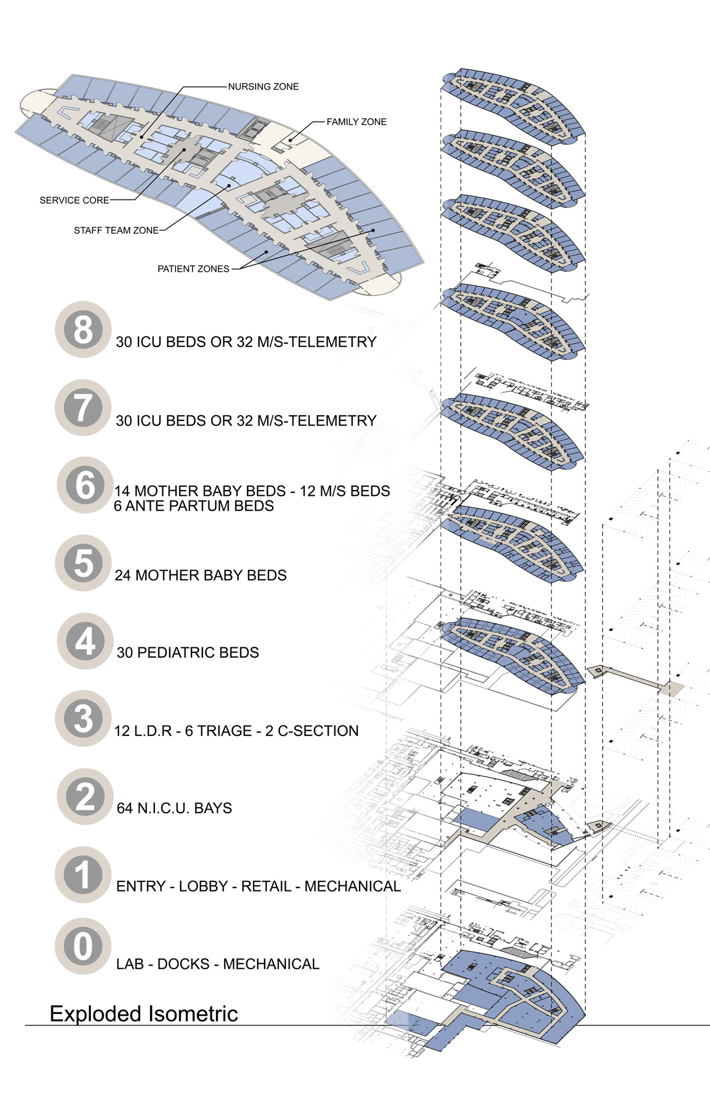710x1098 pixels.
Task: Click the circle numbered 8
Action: click(x=83, y=330)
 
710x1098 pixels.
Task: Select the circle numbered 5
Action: click(x=83, y=563)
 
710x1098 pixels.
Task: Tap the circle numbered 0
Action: click(x=83, y=946)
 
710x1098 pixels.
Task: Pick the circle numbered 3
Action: click(x=83, y=719)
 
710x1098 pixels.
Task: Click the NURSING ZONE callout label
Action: click(x=263, y=87)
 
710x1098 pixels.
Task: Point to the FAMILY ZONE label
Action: click(x=356, y=122)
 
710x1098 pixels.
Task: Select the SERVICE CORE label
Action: click(x=74, y=201)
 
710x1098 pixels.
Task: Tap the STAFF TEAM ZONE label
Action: click(x=116, y=230)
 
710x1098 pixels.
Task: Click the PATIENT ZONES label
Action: click(x=193, y=269)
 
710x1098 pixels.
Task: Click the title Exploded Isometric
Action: click(x=143, y=1014)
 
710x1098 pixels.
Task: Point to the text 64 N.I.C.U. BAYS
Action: click(x=174, y=808)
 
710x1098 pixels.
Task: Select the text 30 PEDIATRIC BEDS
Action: click(x=188, y=653)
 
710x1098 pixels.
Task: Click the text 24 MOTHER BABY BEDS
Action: click(x=201, y=575)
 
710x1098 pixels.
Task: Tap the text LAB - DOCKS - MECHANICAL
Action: click(x=217, y=964)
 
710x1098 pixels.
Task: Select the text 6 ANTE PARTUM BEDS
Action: click(x=194, y=506)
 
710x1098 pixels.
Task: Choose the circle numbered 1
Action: click(x=83, y=875)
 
